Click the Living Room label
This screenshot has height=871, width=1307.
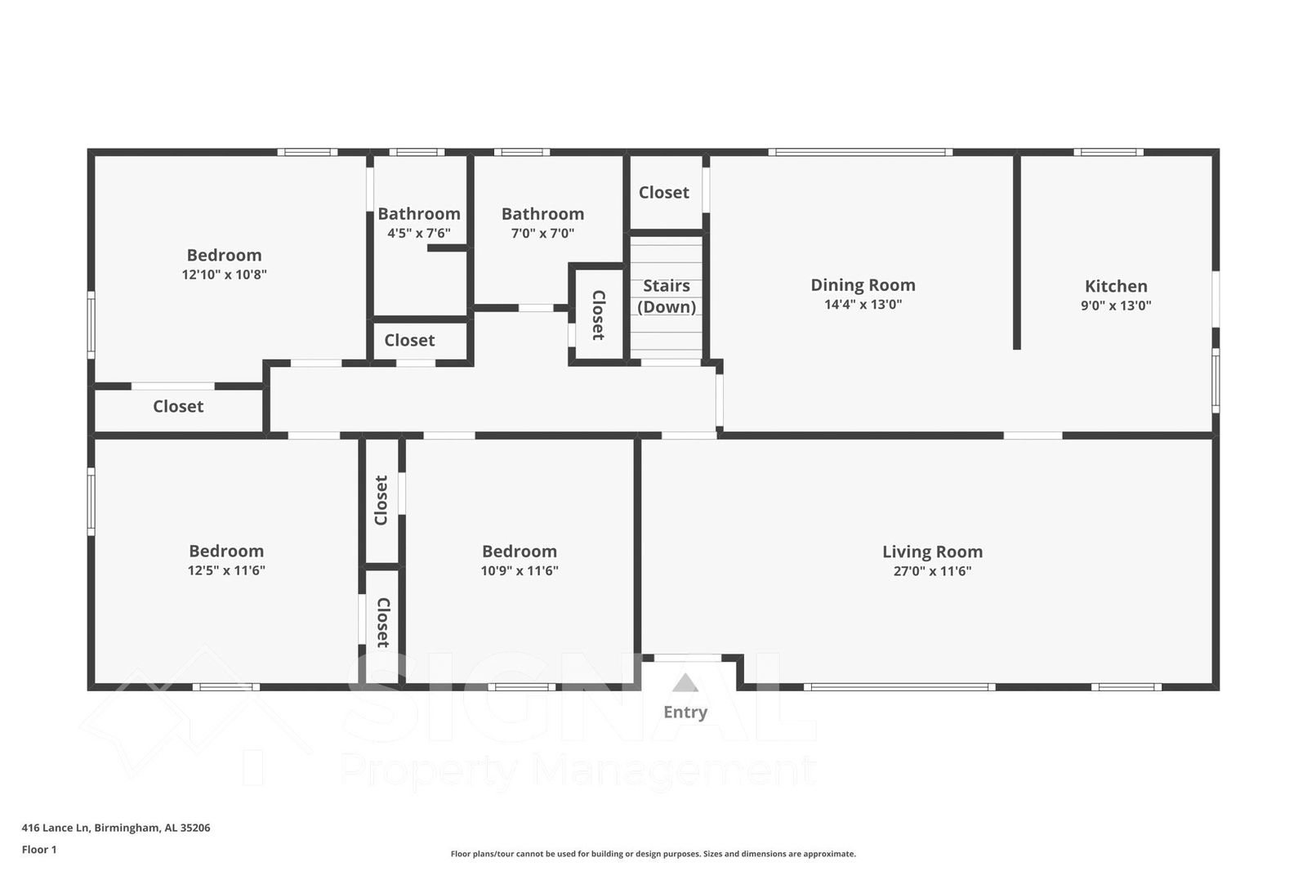click(x=932, y=552)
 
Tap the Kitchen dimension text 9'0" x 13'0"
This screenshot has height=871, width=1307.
click(x=1116, y=306)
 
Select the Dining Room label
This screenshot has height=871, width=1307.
click(x=863, y=285)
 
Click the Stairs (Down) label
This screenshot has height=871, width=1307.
click(x=667, y=296)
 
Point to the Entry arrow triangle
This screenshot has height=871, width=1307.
click(x=685, y=683)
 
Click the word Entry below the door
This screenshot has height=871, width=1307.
click(x=685, y=712)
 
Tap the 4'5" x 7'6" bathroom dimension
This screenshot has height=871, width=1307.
click(x=418, y=233)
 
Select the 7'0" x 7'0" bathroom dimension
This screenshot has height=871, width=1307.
click(x=542, y=233)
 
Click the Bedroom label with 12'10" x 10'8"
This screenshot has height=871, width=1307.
click(x=224, y=255)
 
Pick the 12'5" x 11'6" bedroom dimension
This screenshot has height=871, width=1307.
click(x=226, y=570)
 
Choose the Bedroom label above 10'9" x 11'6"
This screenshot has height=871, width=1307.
click(x=520, y=552)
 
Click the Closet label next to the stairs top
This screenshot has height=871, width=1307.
click(x=663, y=193)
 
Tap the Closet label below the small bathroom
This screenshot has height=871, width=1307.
click(x=409, y=340)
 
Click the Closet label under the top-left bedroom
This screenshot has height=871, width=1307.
click(x=178, y=406)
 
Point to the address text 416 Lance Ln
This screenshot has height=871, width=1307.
click(x=115, y=828)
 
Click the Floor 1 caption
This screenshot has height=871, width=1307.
click(x=39, y=850)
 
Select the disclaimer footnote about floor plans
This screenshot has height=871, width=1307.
click(x=653, y=854)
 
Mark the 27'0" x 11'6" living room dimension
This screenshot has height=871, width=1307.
click(x=932, y=571)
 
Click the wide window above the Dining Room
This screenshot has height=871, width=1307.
click(x=859, y=152)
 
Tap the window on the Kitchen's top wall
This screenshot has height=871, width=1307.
click(x=1108, y=152)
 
